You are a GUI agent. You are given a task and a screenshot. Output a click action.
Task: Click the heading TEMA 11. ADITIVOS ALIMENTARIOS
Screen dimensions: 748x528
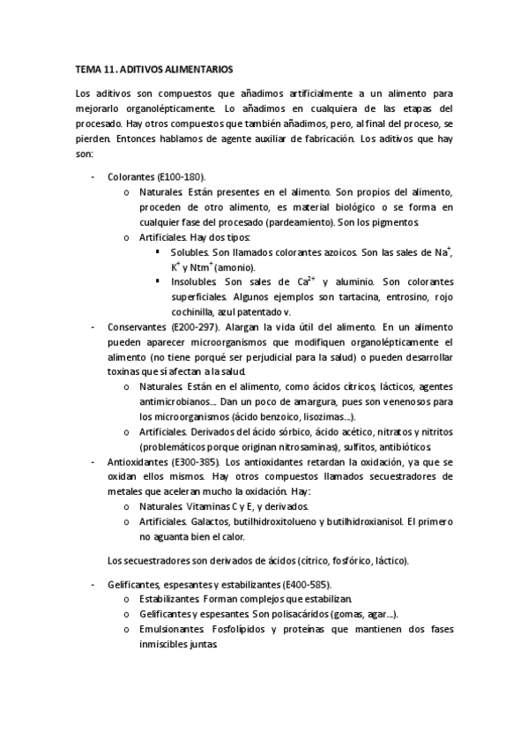click(152, 67)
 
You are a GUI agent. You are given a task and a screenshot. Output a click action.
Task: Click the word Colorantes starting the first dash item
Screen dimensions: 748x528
click(130, 176)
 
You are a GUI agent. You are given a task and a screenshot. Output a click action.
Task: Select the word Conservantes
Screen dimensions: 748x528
click(133, 326)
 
